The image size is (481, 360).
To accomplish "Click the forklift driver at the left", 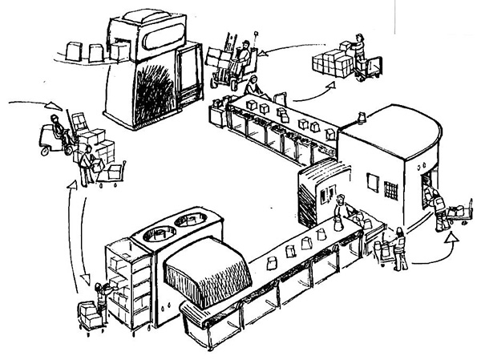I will (54, 129).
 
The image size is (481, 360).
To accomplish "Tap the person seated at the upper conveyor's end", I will (253, 87).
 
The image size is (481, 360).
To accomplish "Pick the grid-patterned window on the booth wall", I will (391, 190).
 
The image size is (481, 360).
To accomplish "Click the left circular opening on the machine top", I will (157, 233).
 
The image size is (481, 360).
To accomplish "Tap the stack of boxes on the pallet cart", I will (329, 61).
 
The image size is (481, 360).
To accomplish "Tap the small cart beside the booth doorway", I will (459, 213).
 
